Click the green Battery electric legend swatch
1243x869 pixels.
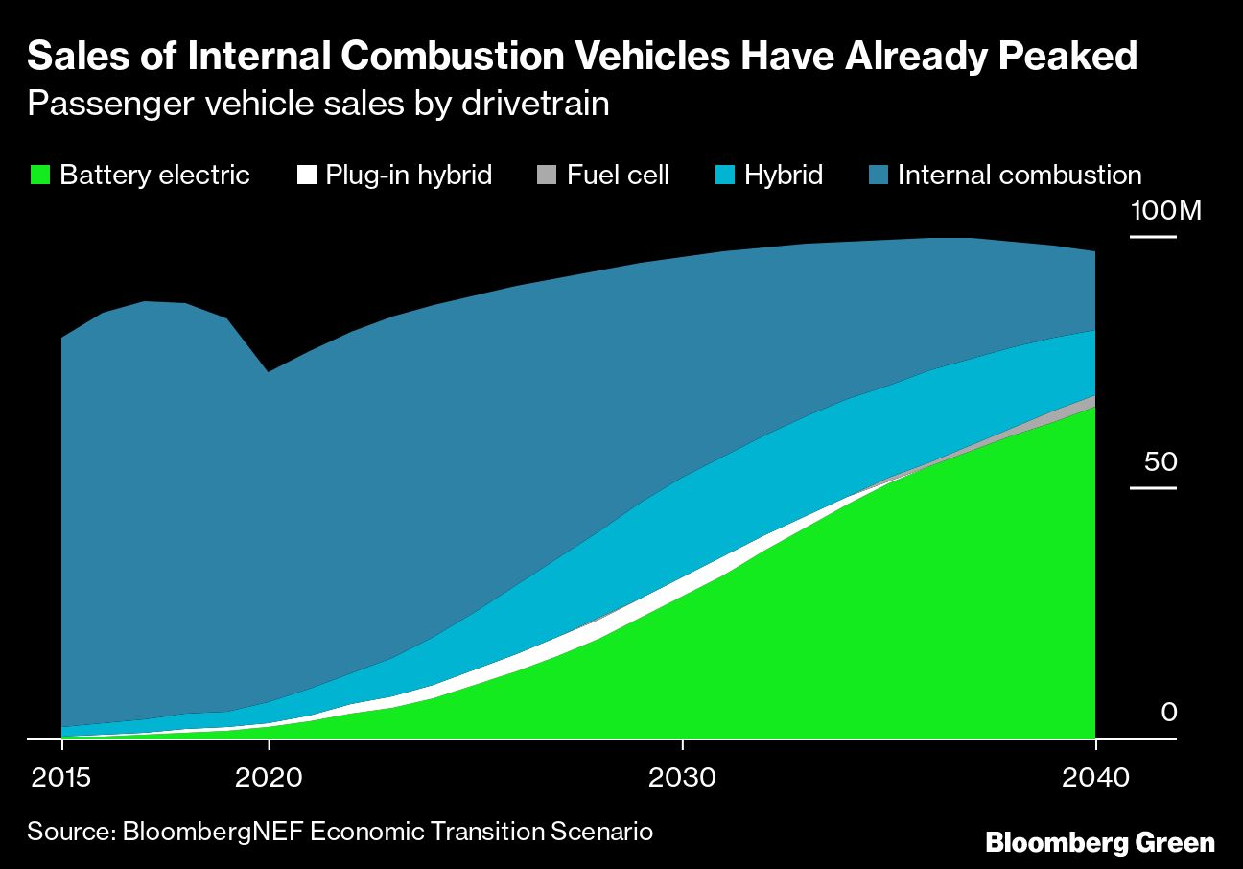[39, 176]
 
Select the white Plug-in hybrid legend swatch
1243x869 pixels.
[307, 176]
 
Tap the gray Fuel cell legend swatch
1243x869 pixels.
[547, 176]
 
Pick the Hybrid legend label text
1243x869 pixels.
[783, 176]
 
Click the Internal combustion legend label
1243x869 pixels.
[1019, 176]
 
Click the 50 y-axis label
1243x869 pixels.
[1160, 462]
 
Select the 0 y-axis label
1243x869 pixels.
[1168, 713]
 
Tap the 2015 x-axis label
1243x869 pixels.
[61, 776]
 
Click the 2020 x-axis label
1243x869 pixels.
[270, 776]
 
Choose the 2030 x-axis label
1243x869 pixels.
[682, 776]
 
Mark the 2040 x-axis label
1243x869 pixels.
[1094, 776]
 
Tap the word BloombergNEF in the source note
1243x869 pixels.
[215, 831]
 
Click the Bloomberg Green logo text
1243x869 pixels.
[1100, 842]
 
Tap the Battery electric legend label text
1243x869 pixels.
[153, 176]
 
